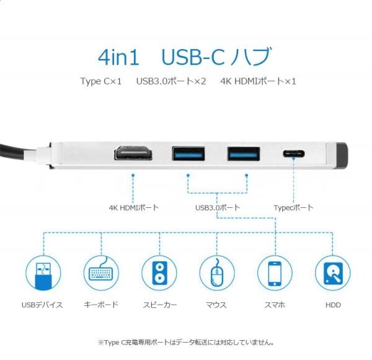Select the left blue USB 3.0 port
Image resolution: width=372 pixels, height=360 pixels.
[188, 154]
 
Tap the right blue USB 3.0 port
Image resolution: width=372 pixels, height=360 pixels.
[244, 154]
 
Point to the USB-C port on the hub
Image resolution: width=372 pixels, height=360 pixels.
[294, 154]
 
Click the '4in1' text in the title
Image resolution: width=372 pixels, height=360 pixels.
[118, 58]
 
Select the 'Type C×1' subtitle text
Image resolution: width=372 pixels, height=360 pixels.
[101, 81]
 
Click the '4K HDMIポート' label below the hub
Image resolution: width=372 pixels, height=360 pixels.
[134, 208]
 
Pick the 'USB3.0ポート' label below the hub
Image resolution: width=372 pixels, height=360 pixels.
[218, 208]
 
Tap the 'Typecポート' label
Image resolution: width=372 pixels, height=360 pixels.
[293, 208]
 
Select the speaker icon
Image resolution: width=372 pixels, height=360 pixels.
[159, 273]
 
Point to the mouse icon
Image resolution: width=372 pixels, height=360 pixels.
[217, 273]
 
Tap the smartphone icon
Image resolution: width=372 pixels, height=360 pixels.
[275, 273]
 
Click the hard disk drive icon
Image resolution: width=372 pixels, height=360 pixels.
[333, 273]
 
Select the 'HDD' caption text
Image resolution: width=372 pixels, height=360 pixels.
[333, 305]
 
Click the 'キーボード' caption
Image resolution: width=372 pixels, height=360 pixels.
[101, 305]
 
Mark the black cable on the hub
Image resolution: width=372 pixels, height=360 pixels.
[14, 151]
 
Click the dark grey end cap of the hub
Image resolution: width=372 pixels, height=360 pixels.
[343, 156]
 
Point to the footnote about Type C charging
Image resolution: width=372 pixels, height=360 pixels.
[186, 343]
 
